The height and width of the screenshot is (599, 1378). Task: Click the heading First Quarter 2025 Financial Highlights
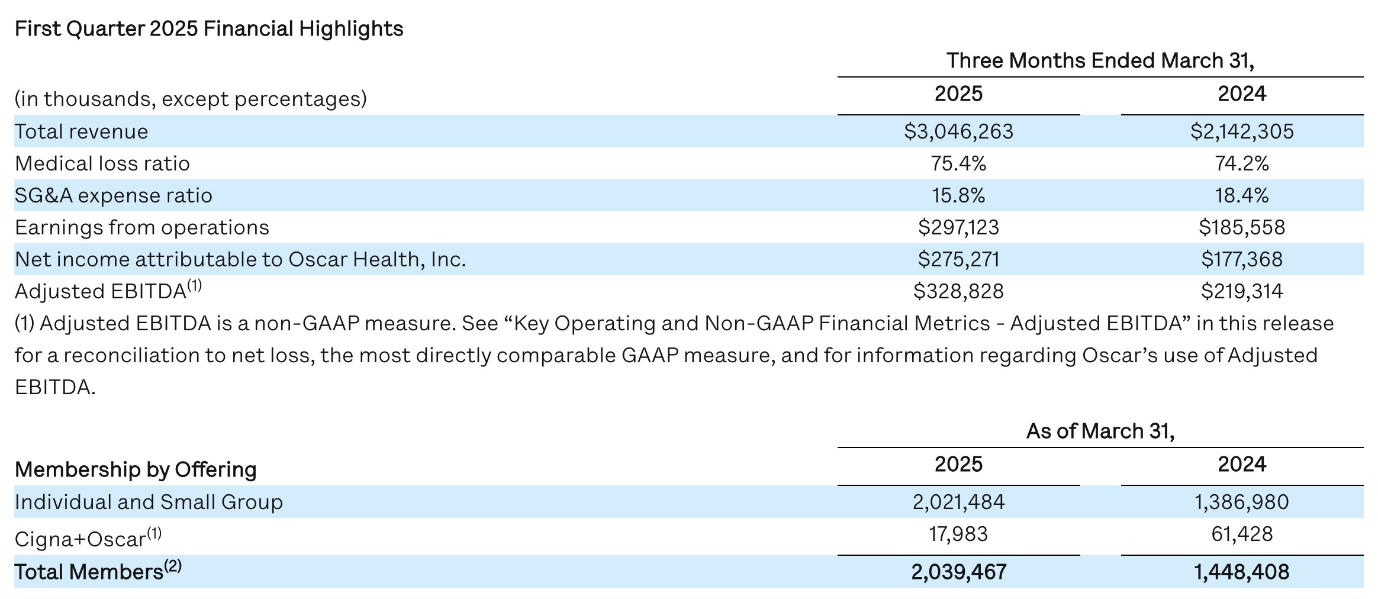[209, 28]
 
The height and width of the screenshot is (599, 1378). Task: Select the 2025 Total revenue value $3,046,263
[958, 131]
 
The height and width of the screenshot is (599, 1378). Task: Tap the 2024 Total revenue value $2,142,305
[1242, 131]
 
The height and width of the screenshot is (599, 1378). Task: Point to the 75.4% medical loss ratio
[958, 163]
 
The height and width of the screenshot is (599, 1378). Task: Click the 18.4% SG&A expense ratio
[1242, 195]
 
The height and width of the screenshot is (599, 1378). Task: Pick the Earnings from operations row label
[142, 228]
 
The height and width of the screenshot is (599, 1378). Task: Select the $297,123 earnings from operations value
[958, 227]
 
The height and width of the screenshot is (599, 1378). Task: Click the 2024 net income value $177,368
[1242, 259]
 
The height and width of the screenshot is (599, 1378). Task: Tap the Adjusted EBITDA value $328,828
[958, 291]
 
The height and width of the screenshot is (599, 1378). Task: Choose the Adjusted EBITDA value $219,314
[1242, 291]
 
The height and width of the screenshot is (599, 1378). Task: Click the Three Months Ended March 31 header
[1100, 61]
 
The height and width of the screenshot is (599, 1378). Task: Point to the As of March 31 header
[1100, 431]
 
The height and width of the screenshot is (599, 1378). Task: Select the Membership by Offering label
[136, 469]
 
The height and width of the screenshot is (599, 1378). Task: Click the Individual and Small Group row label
[149, 502]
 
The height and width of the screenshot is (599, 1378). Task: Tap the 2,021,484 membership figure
[958, 502]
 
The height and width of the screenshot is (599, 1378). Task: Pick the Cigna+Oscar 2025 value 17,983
[958, 534]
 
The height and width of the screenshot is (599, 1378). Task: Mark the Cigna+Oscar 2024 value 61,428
[1242, 534]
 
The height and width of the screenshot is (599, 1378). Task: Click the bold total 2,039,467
[958, 572]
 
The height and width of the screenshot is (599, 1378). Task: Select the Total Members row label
[98, 571]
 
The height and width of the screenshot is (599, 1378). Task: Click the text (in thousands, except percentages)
[191, 99]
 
